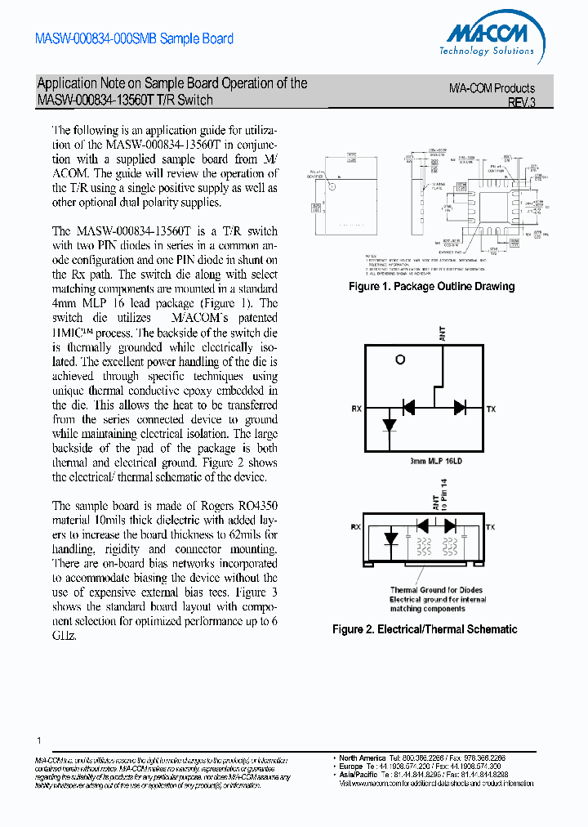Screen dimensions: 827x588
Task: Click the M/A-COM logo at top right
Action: click(x=490, y=39)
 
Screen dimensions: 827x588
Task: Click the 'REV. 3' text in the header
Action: click(x=521, y=104)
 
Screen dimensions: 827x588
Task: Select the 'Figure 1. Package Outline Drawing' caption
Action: click(x=431, y=287)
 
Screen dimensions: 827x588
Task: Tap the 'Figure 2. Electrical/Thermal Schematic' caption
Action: click(x=425, y=629)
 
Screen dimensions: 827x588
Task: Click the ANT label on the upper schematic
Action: click(x=443, y=332)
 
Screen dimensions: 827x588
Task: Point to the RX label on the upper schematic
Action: click(x=357, y=409)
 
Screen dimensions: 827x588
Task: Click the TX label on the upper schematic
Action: click(x=491, y=409)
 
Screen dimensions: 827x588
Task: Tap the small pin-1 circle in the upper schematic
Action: click(x=400, y=360)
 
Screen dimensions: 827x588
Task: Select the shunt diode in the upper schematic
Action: click(x=390, y=425)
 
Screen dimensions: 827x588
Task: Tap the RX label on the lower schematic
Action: click(x=355, y=528)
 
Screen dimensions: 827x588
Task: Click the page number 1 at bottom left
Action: click(x=38, y=740)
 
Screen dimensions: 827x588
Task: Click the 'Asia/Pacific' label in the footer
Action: click(x=359, y=774)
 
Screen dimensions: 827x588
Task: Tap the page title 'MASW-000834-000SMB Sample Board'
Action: click(x=135, y=38)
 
